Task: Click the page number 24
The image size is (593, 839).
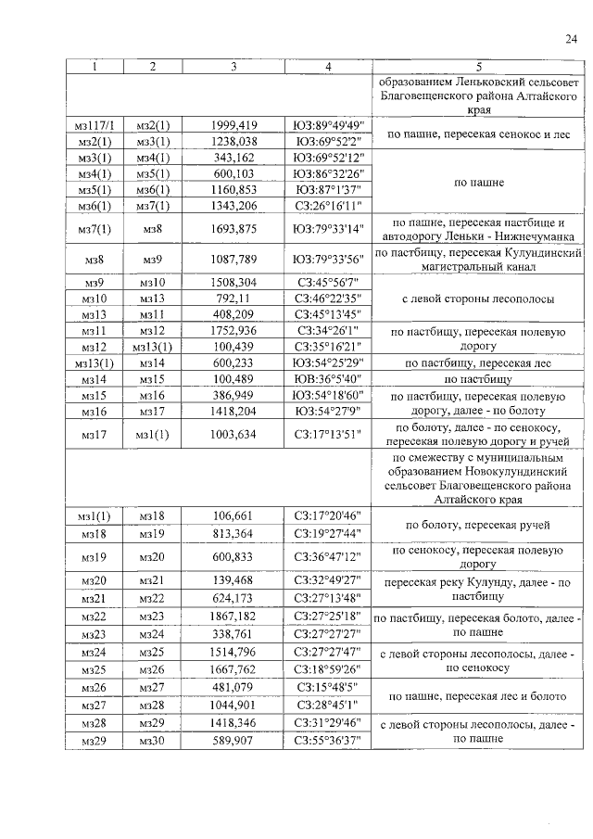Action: coord(570,38)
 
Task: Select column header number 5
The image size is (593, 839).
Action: coord(478,67)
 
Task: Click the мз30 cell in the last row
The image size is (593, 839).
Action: coord(152,739)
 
